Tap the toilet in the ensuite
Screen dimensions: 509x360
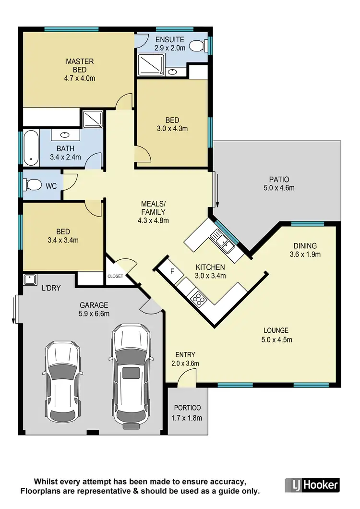point(196,46)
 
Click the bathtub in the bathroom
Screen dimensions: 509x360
point(31,146)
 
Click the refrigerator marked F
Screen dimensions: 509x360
point(172,272)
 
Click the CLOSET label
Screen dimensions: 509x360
point(115,276)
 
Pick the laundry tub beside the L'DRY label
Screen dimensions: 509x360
point(30,279)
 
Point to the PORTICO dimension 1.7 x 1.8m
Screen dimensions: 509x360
point(187,417)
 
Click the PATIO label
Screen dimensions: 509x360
point(279,180)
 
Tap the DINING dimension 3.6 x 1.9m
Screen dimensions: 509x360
point(307,254)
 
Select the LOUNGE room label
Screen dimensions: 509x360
point(276,330)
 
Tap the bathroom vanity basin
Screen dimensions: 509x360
point(65,135)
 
